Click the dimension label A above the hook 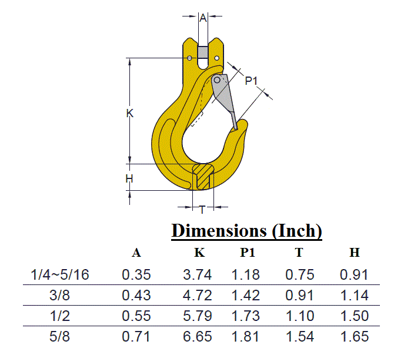coord(203,19)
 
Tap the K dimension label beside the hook coord(131,114)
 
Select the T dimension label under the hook coord(202,209)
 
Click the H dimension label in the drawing coord(130,178)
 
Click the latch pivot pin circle coord(217,80)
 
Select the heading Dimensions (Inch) coord(246,231)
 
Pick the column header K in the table coord(199,253)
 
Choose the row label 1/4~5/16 coord(59,274)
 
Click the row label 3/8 coord(59,295)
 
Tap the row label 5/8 coord(59,337)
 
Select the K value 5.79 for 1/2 coord(198,316)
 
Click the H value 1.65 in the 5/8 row coord(355,337)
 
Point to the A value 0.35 coord(136,274)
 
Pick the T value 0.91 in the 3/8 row coord(300,295)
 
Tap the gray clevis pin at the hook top coord(203,52)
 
